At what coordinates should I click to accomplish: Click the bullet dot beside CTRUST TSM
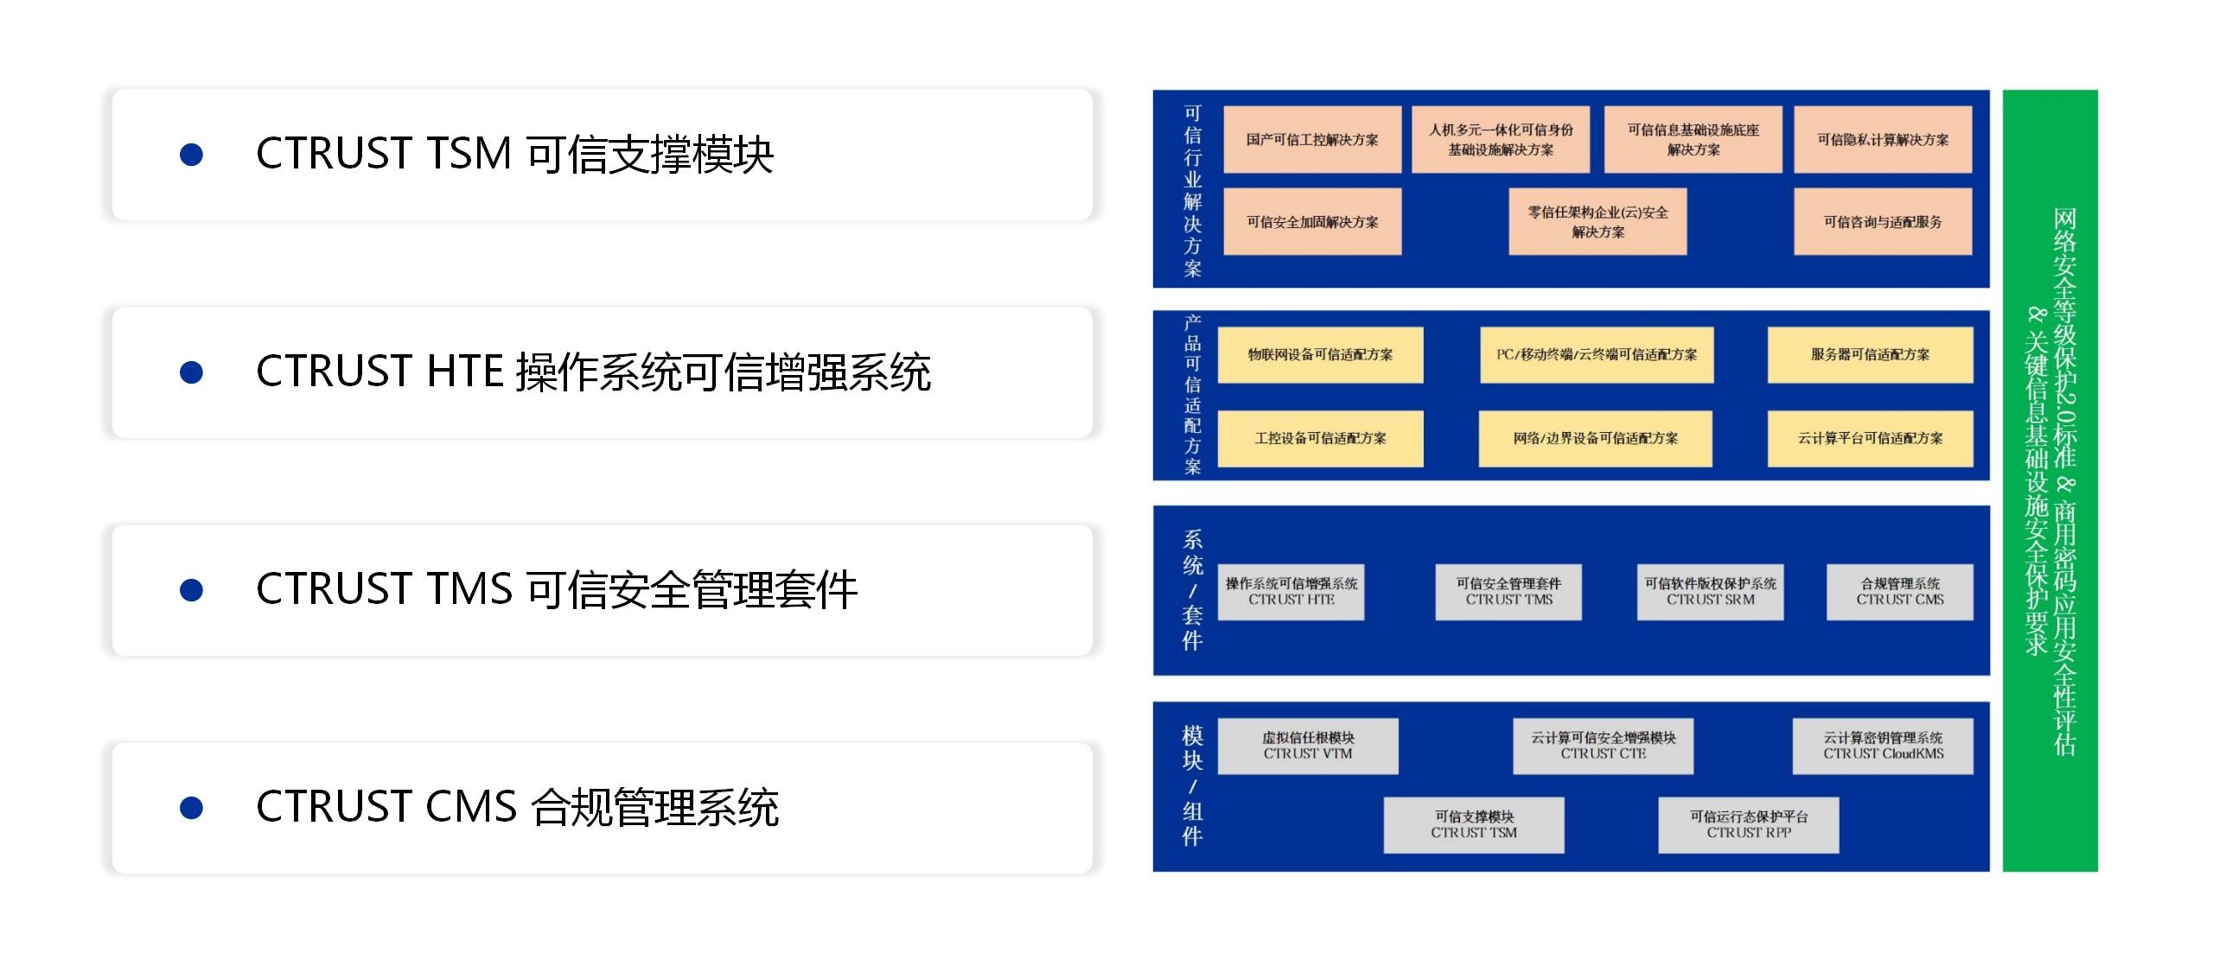[x=191, y=155]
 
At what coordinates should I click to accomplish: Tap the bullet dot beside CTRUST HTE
[x=191, y=372]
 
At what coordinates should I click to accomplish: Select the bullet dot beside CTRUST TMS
[x=191, y=590]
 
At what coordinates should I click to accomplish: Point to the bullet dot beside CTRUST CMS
[x=191, y=808]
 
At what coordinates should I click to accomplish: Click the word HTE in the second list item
[x=466, y=372]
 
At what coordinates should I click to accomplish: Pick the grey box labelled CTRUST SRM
[x=1710, y=592]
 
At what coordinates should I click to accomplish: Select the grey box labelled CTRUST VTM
[x=1307, y=746]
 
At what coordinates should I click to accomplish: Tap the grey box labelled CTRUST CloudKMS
[x=1883, y=746]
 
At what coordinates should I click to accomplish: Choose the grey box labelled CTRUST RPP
[x=1748, y=825]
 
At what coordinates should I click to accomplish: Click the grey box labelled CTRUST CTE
[x=1603, y=746]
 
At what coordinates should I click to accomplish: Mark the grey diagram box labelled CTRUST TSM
[x=1473, y=825]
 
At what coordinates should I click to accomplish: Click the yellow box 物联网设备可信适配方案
[x=1320, y=354]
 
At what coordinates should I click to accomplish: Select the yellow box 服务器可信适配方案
[x=1870, y=354]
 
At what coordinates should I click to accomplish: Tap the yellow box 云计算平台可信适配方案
[x=1870, y=439]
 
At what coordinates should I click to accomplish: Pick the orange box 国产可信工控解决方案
[x=1312, y=139]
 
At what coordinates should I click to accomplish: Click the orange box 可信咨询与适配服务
[x=1883, y=221]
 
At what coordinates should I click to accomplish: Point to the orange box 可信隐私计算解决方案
[x=1883, y=139]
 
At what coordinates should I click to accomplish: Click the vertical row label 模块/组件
[x=1192, y=785]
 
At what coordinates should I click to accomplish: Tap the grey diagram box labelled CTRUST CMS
[x=1899, y=592]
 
